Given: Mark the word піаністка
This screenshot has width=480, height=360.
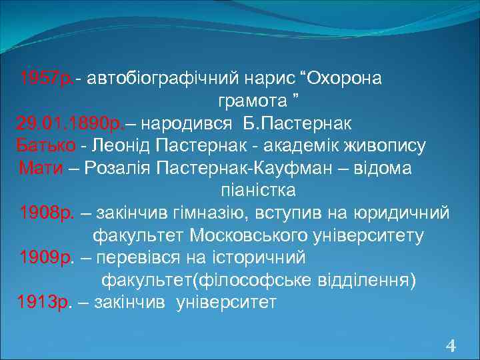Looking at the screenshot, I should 258,191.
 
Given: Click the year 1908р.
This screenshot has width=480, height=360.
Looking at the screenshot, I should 45,213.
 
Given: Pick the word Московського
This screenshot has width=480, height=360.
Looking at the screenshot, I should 251,235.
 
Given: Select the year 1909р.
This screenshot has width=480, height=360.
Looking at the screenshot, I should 45,257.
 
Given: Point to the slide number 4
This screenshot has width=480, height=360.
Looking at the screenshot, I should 451,345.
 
